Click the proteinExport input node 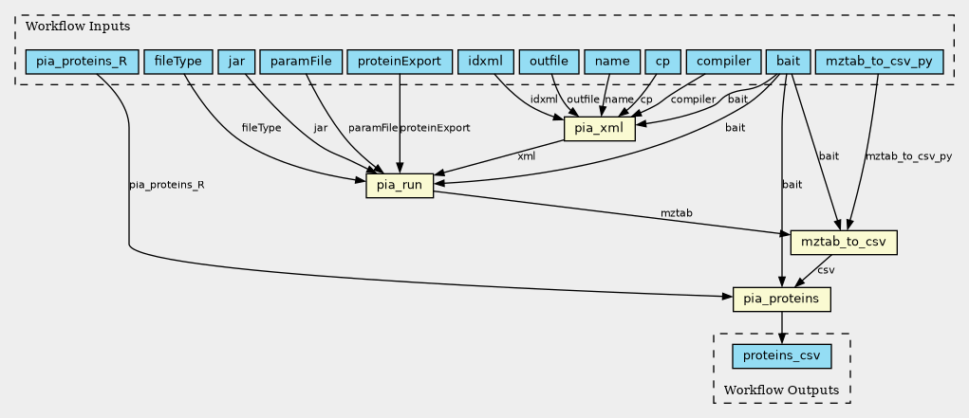click(x=400, y=63)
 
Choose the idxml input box click(x=485, y=63)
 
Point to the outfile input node click(x=549, y=63)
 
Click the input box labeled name click(x=612, y=63)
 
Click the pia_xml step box click(x=599, y=128)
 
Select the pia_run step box click(x=400, y=186)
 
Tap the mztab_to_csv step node click(x=844, y=243)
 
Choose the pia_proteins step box click(x=782, y=300)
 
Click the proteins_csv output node click(x=782, y=356)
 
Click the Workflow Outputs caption click(x=781, y=391)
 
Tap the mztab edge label click(x=676, y=214)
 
